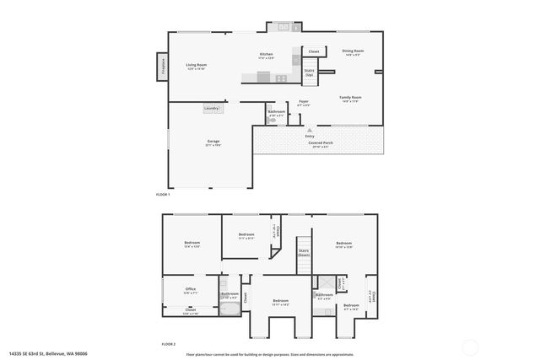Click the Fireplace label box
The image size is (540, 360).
[x=160, y=67]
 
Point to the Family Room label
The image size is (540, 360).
[x=350, y=99]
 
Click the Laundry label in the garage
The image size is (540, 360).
[x=212, y=108]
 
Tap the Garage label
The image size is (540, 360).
[x=213, y=142]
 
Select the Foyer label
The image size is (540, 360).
[x=304, y=104]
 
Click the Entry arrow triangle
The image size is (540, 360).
[x=310, y=130]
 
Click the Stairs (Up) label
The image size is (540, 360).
[x=310, y=73]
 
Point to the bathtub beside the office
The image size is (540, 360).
[x=229, y=309]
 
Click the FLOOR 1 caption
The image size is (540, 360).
[x=163, y=195]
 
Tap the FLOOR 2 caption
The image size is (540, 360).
[x=169, y=344]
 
